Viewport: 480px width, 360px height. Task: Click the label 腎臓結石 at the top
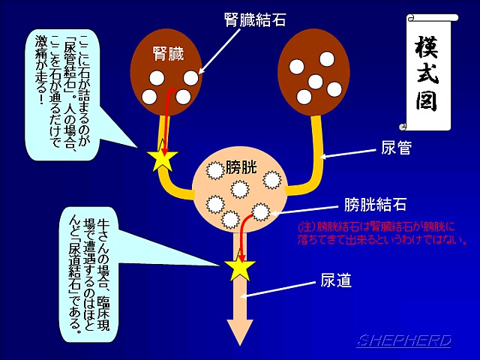(x=255, y=20)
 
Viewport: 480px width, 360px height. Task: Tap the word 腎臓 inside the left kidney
(x=168, y=53)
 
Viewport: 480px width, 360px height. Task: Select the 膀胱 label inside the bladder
(x=241, y=167)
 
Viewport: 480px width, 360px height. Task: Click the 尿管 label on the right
(x=396, y=148)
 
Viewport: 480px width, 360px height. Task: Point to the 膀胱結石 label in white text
(x=375, y=204)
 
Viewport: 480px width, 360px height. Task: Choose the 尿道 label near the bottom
(x=336, y=280)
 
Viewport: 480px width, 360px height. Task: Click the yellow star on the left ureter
(x=162, y=160)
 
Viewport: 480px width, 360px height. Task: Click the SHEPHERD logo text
(x=403, y=340)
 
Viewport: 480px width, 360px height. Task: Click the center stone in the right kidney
(x=315, y=81)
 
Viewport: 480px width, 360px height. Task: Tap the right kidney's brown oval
(x=313, y=73)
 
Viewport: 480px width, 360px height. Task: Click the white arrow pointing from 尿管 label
(x=348, y=153)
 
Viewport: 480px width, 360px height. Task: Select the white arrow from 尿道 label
(x=277, y=289)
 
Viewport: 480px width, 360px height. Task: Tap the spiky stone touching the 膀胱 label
(x=215, y=170)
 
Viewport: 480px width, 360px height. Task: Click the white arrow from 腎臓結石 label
(x=219, y=51)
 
